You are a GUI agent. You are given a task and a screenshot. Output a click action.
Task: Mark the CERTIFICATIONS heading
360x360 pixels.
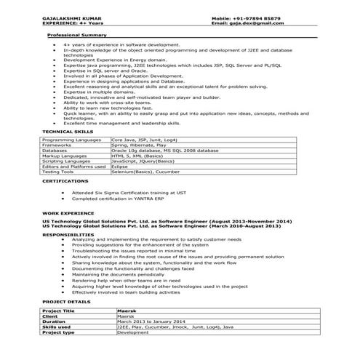coord(65,180)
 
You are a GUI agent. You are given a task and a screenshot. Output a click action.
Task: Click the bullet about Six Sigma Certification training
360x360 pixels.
coord(123,193)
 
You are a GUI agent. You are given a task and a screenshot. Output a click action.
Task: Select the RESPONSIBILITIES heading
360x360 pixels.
coord(68,235)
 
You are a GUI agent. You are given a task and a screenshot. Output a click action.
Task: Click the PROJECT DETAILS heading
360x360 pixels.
coord(66,300)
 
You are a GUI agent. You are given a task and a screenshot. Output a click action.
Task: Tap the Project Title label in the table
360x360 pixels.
coord(60,311)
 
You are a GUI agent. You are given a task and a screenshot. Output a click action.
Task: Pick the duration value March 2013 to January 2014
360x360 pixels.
coord(151,321)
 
